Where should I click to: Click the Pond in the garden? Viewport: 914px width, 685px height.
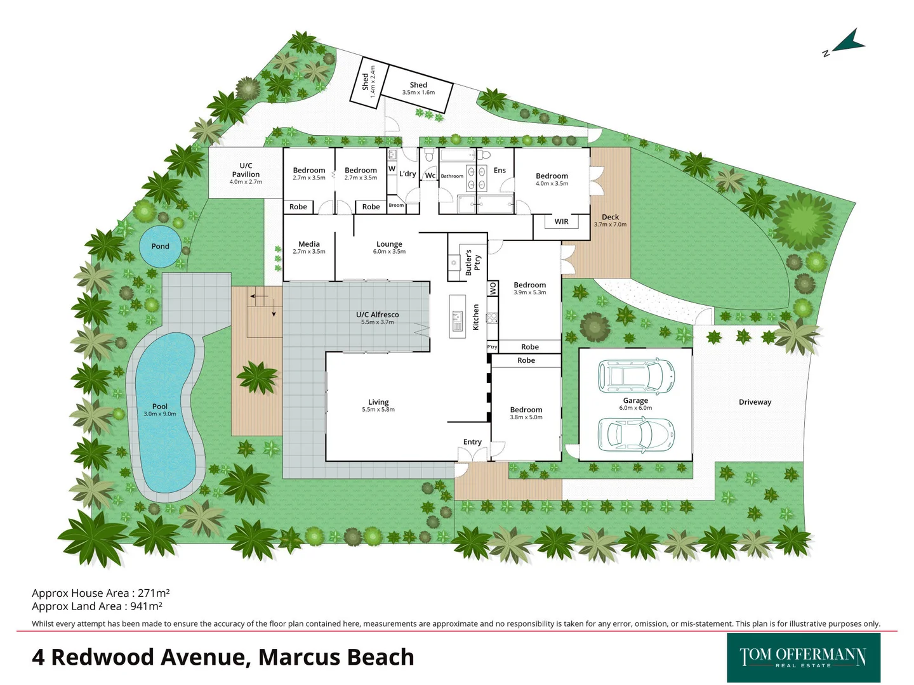[160, 246]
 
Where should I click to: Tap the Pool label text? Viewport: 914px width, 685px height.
[160, 407]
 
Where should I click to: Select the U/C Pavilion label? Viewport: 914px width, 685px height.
[246, 170]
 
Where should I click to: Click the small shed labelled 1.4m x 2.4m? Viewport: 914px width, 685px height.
[368, 81]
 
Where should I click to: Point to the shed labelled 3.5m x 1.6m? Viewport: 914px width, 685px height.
[418, 89]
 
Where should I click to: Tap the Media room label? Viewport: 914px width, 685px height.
[309, 244]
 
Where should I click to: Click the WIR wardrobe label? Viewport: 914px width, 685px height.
[562, 221]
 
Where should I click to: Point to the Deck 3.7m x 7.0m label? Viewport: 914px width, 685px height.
[610, 220]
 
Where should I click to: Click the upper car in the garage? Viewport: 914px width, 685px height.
[636, 375]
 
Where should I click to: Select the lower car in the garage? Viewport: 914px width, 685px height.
[636, 434]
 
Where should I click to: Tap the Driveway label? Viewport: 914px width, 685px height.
[755, 402]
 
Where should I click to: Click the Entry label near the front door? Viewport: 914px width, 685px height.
[472, 442]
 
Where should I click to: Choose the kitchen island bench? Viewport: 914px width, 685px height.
[457, 316]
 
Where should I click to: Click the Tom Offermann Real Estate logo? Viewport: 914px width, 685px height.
[803, 657]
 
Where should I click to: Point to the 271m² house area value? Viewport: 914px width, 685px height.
[154, 593]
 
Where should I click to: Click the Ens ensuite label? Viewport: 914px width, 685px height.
[500, 170]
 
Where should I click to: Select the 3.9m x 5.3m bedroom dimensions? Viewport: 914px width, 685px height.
[530, 292]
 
